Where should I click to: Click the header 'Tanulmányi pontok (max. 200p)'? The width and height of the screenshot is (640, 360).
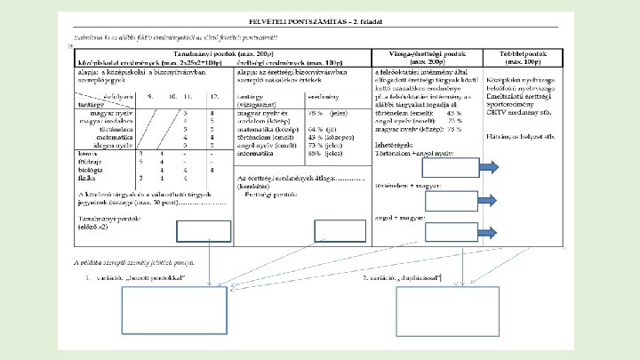click(x=221, y=56)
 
